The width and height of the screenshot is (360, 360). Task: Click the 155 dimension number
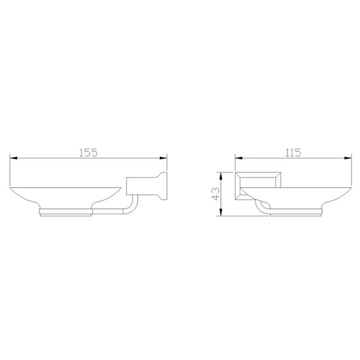[88, 153]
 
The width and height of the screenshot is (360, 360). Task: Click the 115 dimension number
[293, 153]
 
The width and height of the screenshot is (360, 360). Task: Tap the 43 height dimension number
[216, 194]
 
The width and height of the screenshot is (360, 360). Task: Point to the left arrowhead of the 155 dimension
[14, 158]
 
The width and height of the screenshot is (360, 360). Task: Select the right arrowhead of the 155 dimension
[163, 158]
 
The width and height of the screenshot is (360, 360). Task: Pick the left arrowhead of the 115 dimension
[239, 158]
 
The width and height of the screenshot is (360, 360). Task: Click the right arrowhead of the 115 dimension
[348, 158]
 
